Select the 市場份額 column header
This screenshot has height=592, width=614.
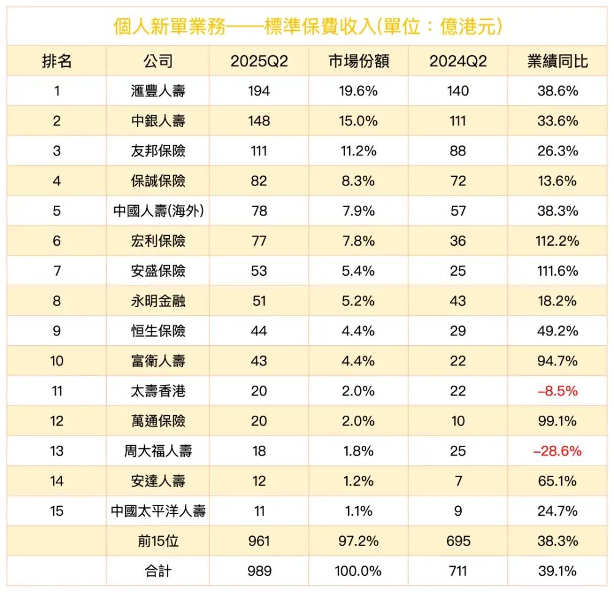click(358, 61)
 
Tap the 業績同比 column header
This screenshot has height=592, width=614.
click(558, 61)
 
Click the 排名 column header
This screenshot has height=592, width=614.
click(56, 61)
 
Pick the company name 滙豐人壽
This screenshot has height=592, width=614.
click(158, 91)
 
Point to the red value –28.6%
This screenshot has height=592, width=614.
click(558, 451)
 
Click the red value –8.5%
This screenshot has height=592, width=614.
click(558, 391)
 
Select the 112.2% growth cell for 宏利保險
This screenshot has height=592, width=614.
click(558, 241)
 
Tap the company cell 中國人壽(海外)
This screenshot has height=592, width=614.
click(158, 211)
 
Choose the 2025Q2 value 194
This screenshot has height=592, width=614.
click(259, 91)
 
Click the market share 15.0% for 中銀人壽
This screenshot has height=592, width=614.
click(358, 121)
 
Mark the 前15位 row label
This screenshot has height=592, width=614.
click(158, 541)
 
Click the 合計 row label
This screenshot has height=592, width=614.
click(158, 571)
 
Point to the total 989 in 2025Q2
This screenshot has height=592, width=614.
click(259, 571)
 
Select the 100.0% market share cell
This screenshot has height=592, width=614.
click(358, 571)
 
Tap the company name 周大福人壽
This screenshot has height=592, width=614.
click(158, 451)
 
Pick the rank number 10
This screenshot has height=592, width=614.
click(56, 360)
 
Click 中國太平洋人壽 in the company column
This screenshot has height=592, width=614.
click(158, 511)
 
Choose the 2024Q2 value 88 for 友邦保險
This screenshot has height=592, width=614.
click(458, 150)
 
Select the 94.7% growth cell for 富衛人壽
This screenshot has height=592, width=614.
click(558, 360)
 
